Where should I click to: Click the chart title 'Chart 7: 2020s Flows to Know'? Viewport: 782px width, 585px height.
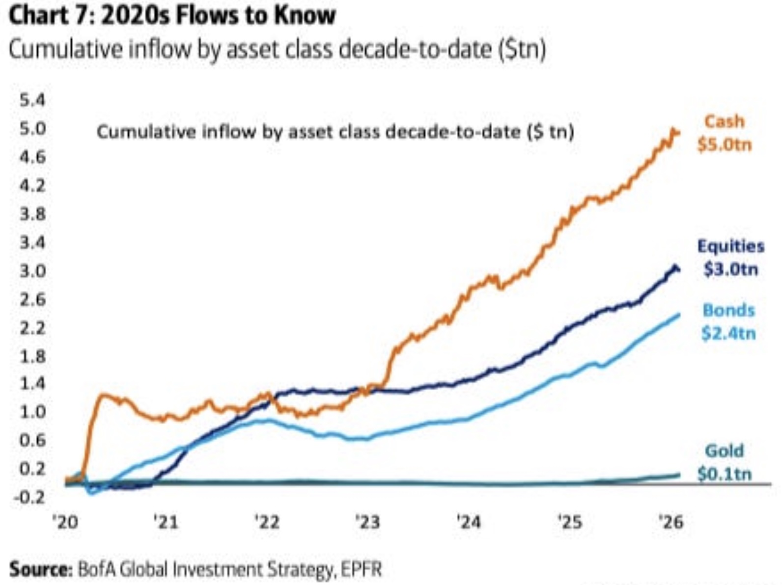[172, 16]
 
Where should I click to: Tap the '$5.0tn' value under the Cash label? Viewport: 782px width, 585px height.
[725, 145]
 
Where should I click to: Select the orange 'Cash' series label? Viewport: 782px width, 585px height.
[725, 122]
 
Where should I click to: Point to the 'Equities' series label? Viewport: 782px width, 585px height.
[731, 246]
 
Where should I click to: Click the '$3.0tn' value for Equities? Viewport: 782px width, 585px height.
[731, 269]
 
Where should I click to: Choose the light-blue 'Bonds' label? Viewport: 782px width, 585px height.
[729, 310]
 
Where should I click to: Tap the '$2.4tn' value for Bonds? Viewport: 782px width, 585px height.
[729, 334]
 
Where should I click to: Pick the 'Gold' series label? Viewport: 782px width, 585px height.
[725, 451]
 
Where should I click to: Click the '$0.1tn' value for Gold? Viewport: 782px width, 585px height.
[725, 475]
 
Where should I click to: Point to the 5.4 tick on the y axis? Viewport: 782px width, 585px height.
[32, 101]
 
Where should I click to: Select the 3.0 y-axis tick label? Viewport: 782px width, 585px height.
[32, 271]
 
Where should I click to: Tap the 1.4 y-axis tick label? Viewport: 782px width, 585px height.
[32, 384]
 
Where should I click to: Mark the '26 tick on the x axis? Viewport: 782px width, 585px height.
[671, 522]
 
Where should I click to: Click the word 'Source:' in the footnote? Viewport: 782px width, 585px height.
[40, 570]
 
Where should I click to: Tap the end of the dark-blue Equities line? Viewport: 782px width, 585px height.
[678, 269]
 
